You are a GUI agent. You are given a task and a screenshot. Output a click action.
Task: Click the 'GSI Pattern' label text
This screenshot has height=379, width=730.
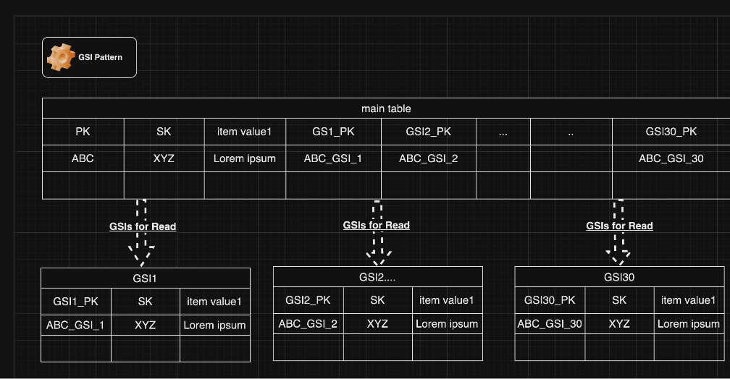coord(101,57)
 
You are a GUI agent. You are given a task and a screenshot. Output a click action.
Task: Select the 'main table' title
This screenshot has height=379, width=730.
coord(386,108)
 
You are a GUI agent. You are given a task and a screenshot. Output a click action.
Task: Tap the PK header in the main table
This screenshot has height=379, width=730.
coord(83,132)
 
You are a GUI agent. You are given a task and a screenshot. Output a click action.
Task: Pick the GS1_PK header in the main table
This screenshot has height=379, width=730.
coord(333,132)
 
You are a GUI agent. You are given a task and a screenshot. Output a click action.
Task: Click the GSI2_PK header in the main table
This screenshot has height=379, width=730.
coord(428,132)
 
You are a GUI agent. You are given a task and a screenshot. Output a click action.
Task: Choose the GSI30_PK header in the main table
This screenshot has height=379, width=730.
coord(671,132)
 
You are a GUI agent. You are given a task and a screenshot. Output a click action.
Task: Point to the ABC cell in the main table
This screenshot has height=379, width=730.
coord(83,158)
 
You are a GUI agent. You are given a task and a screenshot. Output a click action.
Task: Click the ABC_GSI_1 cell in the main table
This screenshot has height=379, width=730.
coord(333,158)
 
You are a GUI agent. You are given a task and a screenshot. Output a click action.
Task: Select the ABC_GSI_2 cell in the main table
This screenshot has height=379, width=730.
coord(428,158)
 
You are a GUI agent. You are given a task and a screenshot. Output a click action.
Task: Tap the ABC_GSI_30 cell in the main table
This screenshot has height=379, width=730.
coord(671,158)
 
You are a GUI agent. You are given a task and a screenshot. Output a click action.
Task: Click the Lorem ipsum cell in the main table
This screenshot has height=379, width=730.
coord(245,158)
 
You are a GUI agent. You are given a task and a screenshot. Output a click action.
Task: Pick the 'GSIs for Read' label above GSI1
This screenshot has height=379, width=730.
coord(143,226)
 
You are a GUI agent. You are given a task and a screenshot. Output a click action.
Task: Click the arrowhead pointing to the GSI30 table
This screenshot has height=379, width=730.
coord(618,257)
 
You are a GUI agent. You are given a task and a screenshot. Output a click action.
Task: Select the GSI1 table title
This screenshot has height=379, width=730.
coord(145,278)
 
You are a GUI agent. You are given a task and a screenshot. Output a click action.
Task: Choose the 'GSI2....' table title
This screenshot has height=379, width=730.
coord(377,276)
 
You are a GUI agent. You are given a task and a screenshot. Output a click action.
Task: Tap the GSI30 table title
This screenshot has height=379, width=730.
coord(619,276)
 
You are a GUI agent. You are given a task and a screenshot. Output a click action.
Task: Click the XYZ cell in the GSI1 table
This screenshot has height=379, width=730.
coord(145,325)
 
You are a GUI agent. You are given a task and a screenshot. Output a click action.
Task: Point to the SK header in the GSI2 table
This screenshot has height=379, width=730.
coord(377,300)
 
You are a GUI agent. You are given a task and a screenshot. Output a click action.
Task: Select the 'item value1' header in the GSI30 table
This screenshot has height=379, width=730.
coord(688,300)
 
